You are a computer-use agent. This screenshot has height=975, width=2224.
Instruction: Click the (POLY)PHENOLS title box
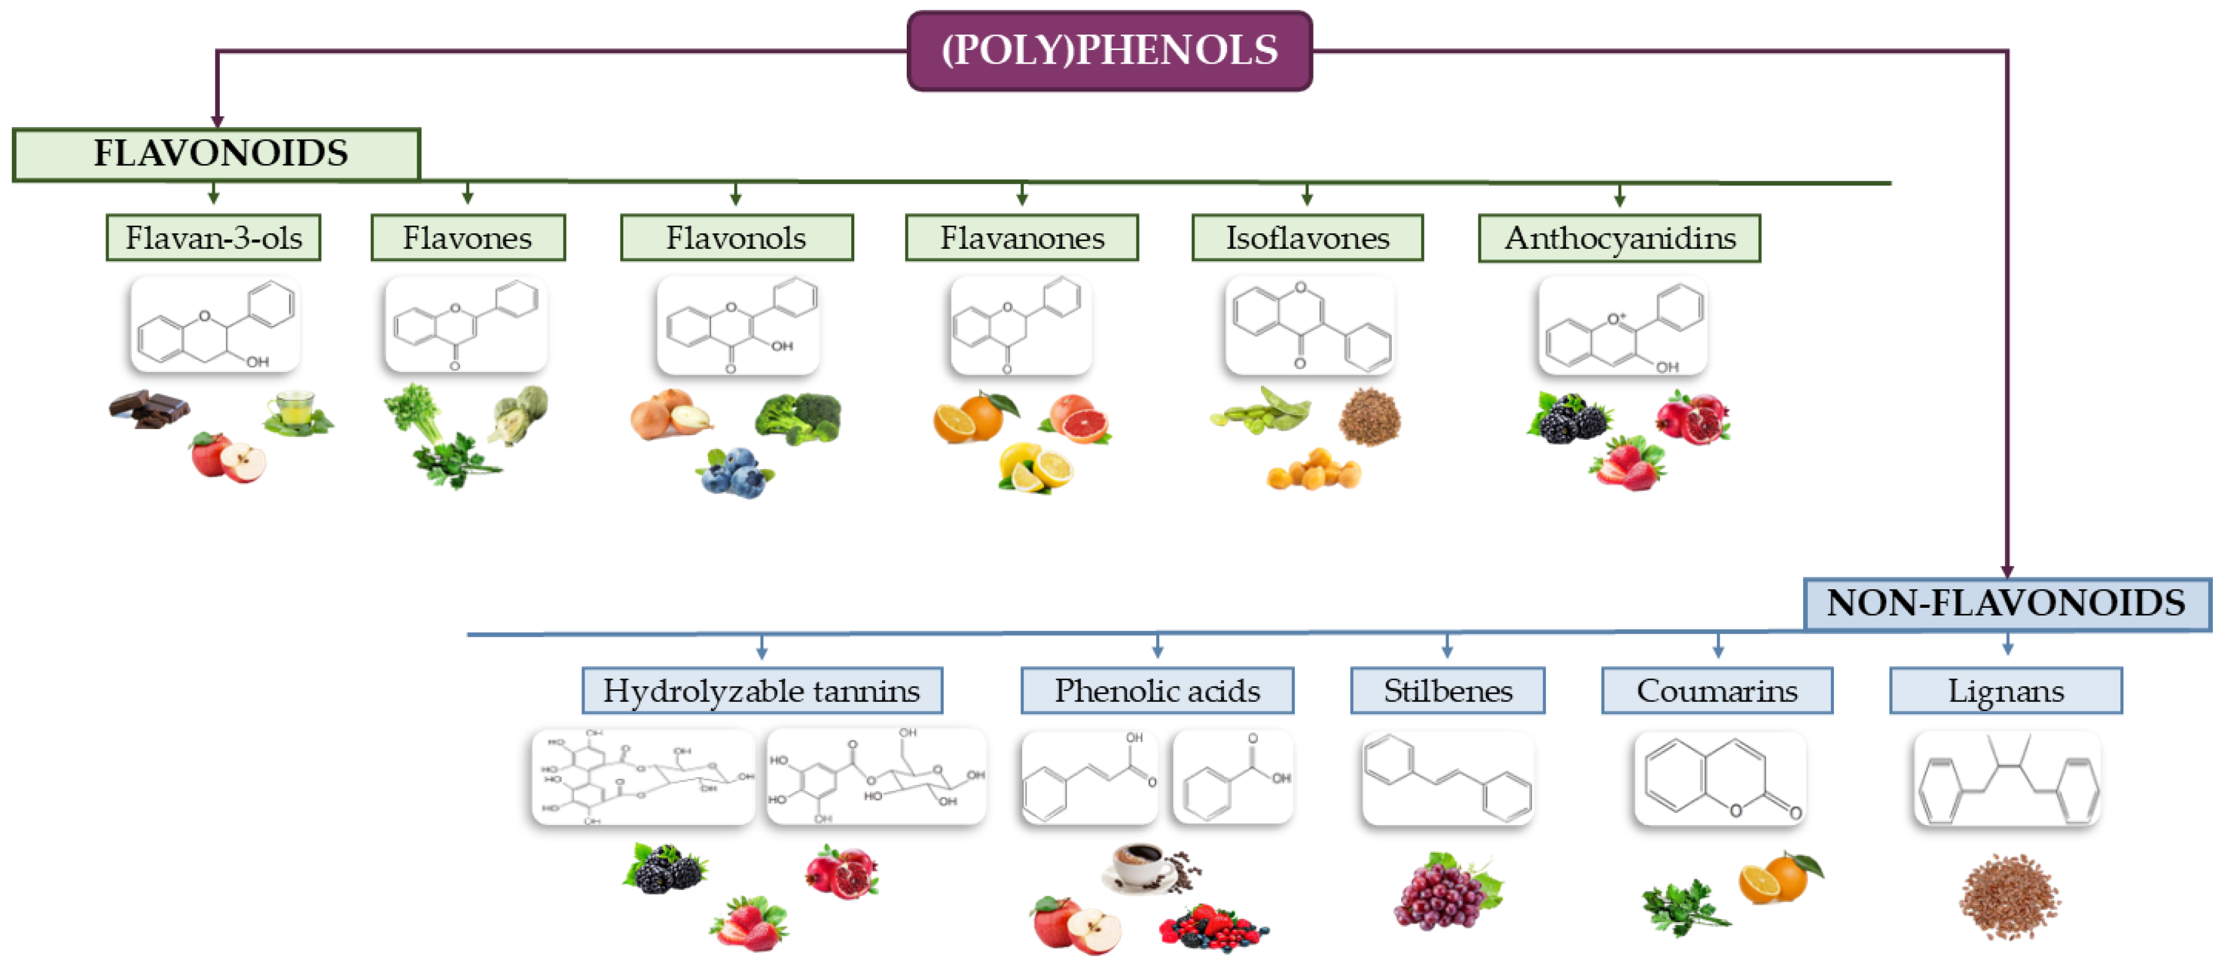[1109, 51]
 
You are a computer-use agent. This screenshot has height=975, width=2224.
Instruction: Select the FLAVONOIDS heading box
[217, 154]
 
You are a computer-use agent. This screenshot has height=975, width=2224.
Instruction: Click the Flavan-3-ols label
[213, 238]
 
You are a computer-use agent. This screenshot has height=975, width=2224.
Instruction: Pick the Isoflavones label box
[1307, 238]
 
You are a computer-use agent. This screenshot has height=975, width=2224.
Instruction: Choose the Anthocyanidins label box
[1619, 238]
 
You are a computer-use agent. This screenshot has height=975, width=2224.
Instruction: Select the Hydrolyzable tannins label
[762, 691]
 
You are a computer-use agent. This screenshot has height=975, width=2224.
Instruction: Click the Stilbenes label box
[1447, 691]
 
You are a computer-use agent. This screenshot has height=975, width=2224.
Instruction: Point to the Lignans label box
[2005, 691]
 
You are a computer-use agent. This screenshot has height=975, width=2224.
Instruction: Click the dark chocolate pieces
[149, 409]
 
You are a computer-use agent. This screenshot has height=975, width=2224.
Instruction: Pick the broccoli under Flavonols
[799, 418]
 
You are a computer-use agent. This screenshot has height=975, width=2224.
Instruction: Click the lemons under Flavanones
[1035, 468]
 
